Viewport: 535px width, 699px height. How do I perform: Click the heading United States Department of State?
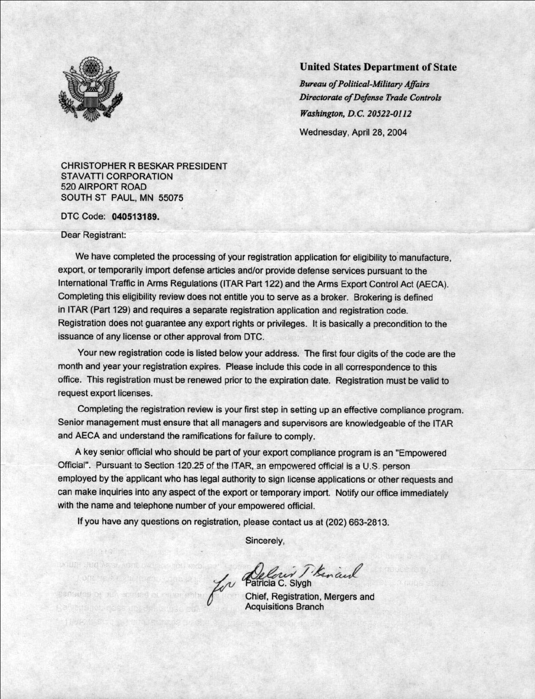point(378,67)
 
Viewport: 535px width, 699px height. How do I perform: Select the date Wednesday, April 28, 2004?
point(353,132)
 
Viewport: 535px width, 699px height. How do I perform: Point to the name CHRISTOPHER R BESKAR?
point(117,166)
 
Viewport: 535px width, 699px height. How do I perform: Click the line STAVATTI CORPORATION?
point(117,176)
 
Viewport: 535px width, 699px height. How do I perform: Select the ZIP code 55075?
point(171,198)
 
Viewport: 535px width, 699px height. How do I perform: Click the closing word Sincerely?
point(265,540)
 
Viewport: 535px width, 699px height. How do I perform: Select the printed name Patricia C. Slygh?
point(278,584)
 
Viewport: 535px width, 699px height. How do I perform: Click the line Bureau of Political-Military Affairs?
point(364,84)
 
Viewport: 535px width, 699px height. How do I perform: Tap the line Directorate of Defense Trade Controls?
point(370,98)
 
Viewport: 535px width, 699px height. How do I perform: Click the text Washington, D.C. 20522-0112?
point(355,113)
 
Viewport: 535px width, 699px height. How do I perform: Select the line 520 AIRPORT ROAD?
point(104,187)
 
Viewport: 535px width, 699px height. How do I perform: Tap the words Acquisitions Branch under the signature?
point(284,607)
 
